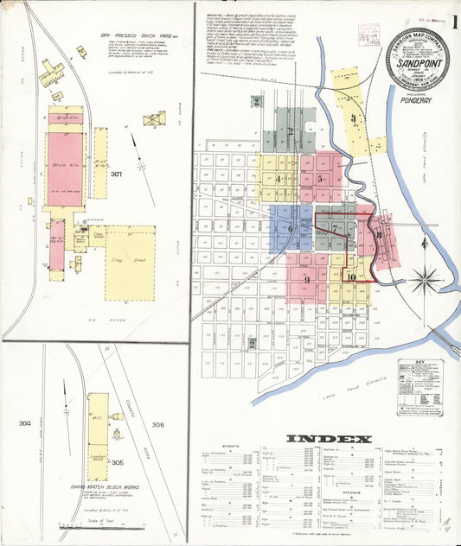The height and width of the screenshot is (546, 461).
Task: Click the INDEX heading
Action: (329, 439)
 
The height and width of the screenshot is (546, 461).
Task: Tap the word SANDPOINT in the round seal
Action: (417, 64)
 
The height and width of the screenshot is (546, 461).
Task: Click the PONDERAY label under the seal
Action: (417, 98)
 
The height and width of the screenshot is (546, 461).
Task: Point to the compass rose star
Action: (425, 279)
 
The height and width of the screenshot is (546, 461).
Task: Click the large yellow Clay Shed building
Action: (130, 262)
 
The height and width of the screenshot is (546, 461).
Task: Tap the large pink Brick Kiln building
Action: (65, 168)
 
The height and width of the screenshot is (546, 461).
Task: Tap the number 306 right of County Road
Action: (157, 424)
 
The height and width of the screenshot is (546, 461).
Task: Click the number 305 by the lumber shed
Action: (118, 438)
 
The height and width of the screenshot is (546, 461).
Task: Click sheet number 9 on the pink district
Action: (307, 279)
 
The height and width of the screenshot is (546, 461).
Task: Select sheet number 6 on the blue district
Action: (291, 229)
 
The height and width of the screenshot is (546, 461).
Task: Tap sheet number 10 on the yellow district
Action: (350, 276)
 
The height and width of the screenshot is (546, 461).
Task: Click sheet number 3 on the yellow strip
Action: (353, 118)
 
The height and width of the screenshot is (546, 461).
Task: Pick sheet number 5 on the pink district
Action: (320, 179)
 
